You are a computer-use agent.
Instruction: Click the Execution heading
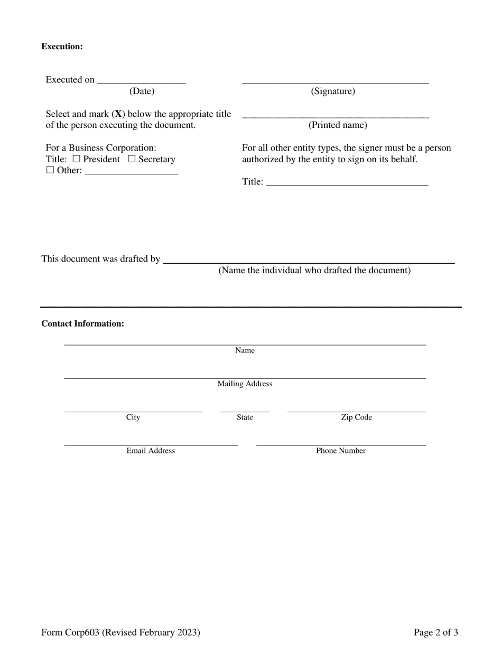pyautogui.click(x=62, y=47)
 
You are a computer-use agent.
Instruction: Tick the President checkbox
pyautogui.click(x=77, y=159)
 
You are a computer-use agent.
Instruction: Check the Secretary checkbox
pyautogui.click(x=132, y=159)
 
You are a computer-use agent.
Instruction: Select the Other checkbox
pyautogui.click(x=50, y=170)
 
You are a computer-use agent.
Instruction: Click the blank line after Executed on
pyautogui.click(x=141, y=81)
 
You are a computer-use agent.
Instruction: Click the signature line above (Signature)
pyautogui.click(x=335, y=82)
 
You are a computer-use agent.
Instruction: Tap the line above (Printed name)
pyautogui.click(x=335, y=116)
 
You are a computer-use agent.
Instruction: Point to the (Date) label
pyautogui.click(x=142, y=91)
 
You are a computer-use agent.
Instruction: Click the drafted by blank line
pyautogui.click(x=309, y=261)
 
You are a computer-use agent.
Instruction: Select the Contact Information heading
pyautogui.click(x=83, y=323)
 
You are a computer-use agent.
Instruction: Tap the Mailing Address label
pyautogui.click(x=245, y=384)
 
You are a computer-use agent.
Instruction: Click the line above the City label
pyautogui.click(x=133, y=410)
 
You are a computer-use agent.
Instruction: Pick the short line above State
pyautogui.click(x=245, y=410)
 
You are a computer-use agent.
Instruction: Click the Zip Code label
pyautogui.click(x=356, y=417)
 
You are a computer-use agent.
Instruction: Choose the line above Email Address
pyautogui.click(x=151, y=444)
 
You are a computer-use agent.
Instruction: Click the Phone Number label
pyautogui.click(x=341, y=451)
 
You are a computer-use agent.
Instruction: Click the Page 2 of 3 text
pyautogui.click(x=435, y=632)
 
